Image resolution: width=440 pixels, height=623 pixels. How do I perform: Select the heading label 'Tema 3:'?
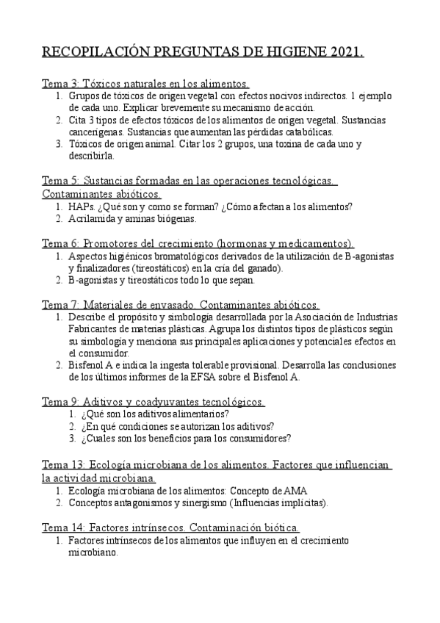60,84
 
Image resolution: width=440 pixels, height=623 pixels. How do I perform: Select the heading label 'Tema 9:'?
60,402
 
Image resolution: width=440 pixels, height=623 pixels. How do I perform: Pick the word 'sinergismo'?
196,503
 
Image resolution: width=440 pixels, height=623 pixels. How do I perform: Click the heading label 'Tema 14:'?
63,528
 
